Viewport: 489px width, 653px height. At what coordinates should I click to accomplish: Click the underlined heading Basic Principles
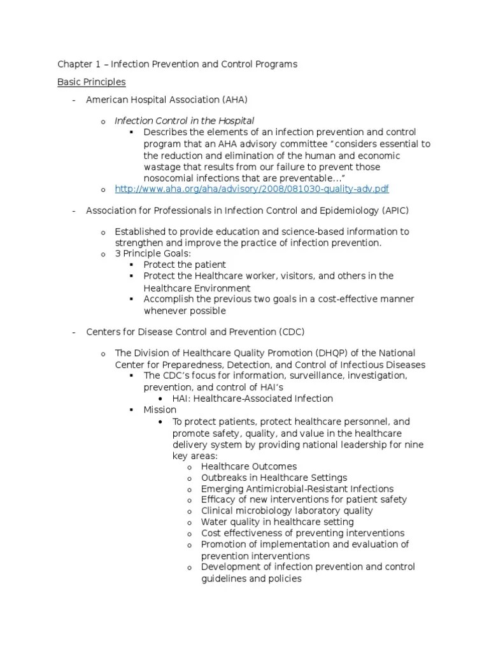[x=91, y=82]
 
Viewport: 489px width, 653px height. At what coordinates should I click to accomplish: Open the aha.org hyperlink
[x=252, y=189]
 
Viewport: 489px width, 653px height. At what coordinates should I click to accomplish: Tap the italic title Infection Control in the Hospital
[x=184, y=121]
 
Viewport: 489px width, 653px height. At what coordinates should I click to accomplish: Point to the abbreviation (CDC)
[x=291, y=332]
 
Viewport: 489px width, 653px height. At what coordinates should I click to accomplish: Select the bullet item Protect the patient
[x=185, y=265]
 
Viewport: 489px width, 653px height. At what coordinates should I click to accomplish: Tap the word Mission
[x=160, y=409]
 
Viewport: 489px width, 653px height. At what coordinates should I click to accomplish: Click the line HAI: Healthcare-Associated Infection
[x=253, y=399]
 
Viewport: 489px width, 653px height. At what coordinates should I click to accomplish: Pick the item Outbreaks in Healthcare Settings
[x=274, y=478]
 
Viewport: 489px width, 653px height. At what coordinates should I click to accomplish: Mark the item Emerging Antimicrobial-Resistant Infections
[x=297, y=489]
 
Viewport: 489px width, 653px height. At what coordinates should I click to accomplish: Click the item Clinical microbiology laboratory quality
[x=287, y=511]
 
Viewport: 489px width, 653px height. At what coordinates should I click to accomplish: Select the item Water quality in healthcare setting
[x=277, y=522]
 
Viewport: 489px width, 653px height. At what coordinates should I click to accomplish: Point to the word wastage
[x=163, y=167]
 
